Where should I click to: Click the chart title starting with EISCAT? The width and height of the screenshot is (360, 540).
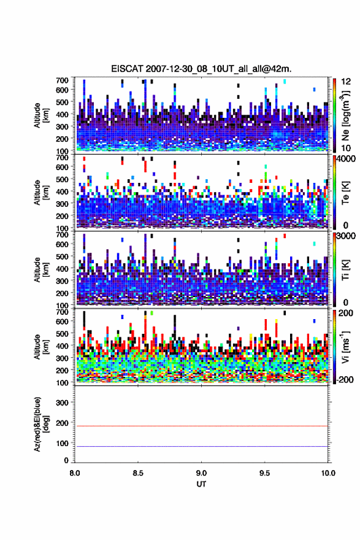click(201, 69)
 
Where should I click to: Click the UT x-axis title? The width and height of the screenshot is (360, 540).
click(201, 484)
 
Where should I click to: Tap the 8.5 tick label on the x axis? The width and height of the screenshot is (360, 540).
click(138, 473)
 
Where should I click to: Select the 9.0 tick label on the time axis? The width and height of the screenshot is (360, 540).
click(201, 473)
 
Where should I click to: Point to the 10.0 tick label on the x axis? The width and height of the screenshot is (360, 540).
click(328, 473)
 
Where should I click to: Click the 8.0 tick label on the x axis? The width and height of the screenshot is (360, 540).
click(75, 473)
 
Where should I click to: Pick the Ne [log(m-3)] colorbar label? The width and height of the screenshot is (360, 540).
click(345, 115)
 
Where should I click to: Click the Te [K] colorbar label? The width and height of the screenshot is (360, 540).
click(345, 193)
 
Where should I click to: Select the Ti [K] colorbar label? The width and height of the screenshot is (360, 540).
click(345, 269)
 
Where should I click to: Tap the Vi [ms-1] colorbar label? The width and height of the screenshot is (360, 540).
click(345, 347)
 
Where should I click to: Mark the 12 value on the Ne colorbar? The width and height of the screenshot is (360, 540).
click(346, 82)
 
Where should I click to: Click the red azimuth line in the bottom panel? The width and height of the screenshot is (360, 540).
click(201, 426)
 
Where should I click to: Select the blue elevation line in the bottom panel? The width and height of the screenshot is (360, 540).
click(201, 446)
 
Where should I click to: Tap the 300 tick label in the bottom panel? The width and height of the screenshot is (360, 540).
click(62, 403)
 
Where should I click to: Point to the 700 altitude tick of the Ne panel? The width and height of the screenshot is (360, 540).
click(62, 80)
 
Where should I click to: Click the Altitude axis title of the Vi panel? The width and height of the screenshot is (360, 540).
click(37, 347)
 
